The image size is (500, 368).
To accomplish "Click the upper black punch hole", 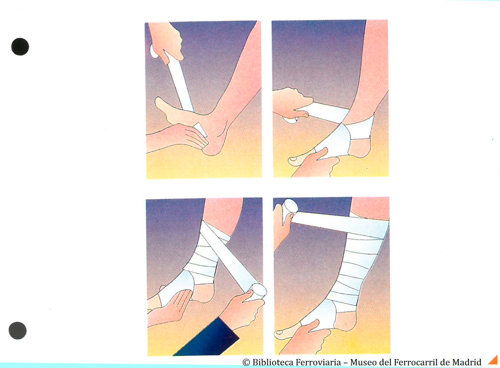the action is click(x=20, y=47).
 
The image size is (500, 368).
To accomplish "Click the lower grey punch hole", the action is click(x=17, y=330).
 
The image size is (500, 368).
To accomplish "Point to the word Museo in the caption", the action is click(x=362, y=362).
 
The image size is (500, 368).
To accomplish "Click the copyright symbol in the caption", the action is click(x=246, y=362).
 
